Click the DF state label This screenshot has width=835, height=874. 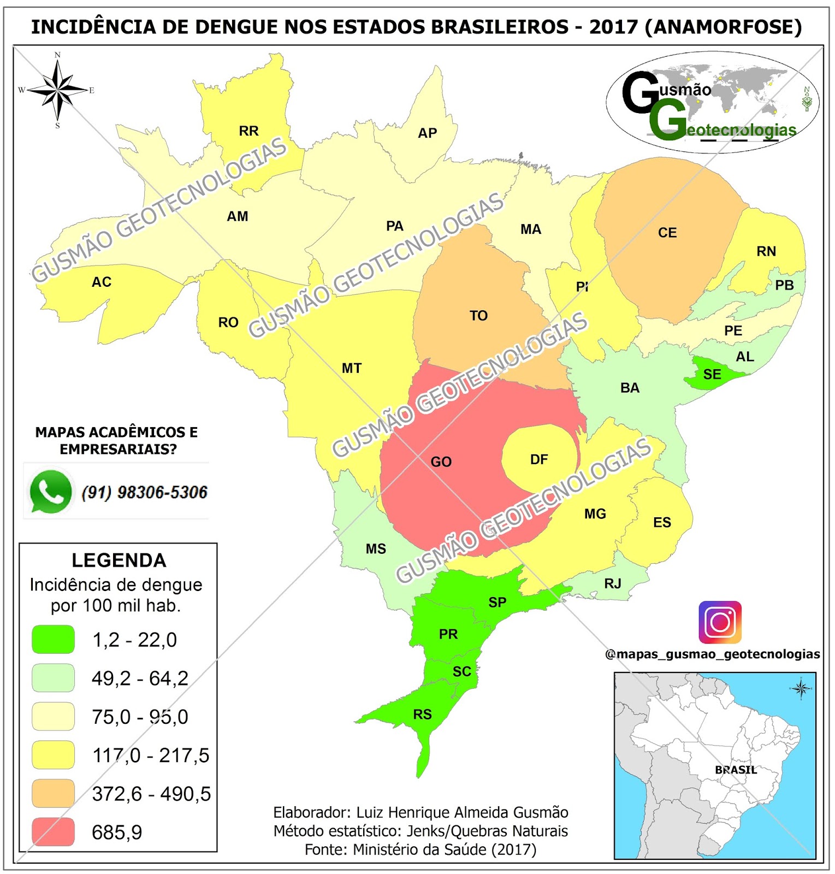(538, 460)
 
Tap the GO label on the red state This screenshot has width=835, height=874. (441, 462)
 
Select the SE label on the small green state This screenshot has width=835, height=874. (712, 375)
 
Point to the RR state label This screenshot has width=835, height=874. (248, 131)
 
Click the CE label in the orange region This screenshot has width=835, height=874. (667, 233)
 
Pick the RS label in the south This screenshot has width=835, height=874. (422, 714)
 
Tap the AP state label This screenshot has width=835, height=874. (427, 133)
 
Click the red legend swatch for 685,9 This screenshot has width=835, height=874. (53, 832)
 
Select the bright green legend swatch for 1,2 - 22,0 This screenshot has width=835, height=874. (53, 640)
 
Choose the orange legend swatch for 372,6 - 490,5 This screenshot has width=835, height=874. (53, 794)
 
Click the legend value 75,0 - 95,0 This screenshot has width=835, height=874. (140, 717)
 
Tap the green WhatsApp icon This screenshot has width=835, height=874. (50, 492)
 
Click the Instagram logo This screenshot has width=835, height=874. (720, 622)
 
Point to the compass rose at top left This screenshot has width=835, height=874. (57, 90)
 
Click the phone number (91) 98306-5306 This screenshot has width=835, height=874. (145, 492)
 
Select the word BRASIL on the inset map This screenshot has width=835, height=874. (736, 770)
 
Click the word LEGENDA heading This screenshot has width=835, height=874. (119, 560)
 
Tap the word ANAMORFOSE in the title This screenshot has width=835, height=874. (723, 27)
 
